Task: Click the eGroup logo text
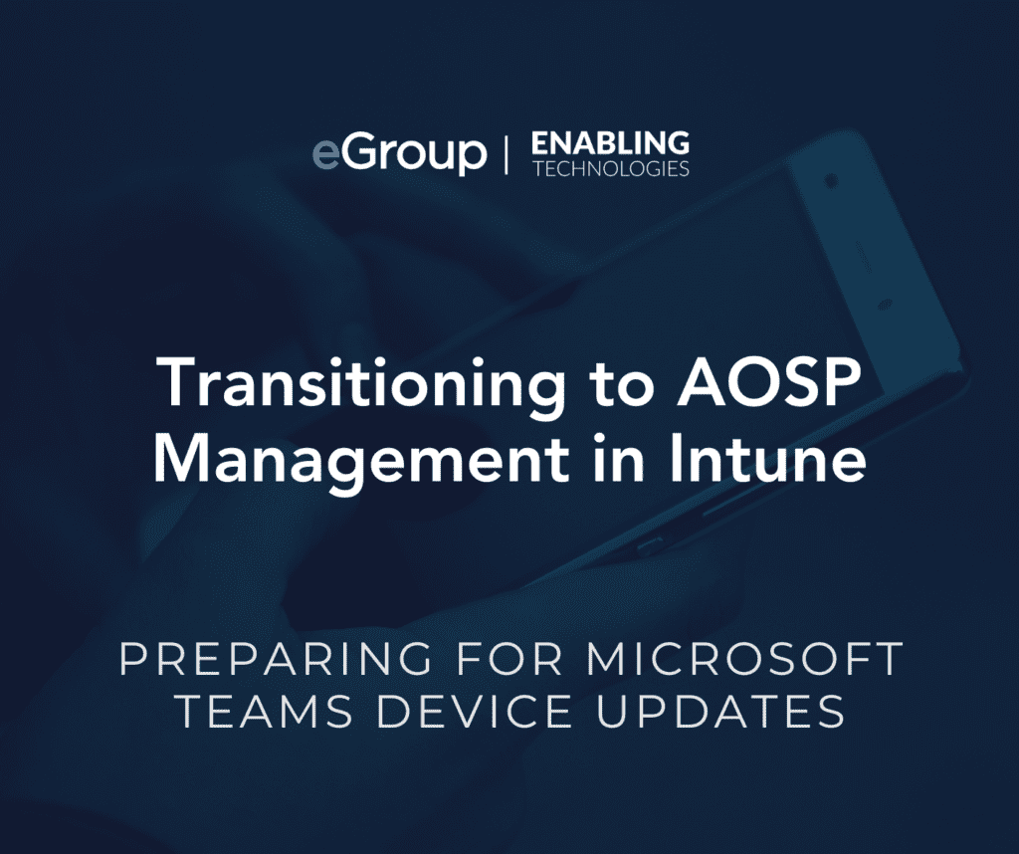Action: pyautogui.click(x=399, y=154)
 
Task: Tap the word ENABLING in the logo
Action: pyautogui.click(x=610, y=143)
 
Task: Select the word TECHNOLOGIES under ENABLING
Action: pyautogui.click(x=611, y=169)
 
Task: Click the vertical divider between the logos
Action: pyautogui.click(x=507, y=154)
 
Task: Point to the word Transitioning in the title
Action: pyautogui.click(x=362, y=385)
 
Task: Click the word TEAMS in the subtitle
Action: pyautogui.click(x=265, y=711)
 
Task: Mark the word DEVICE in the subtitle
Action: pyautogui.click(x=475, y=711)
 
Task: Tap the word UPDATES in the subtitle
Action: pyautogui.click(x=720, y=711)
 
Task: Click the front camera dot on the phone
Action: pyautogui.click(x=831, y=180)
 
